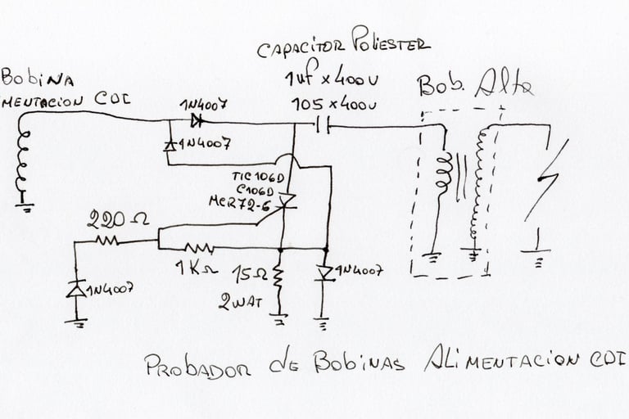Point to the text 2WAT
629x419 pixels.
click(x=240, y=301)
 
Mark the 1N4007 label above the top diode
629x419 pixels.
click(x=202, y=106)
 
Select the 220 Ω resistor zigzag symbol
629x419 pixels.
click(x=107, y=241)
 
